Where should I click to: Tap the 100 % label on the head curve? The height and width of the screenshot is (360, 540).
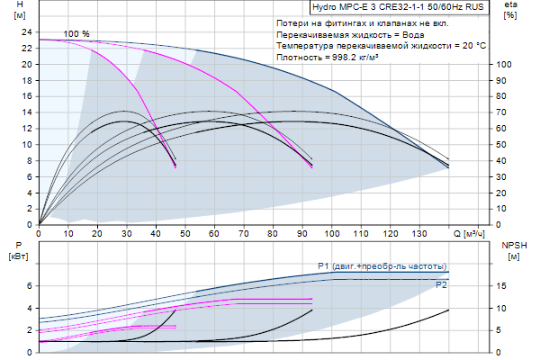pyautogui.click(x=76, y=34)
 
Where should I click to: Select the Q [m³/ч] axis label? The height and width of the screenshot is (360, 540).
pyautogui.click(x=469, y=234)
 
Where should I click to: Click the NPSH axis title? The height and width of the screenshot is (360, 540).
pyautogui.click(x=510, y=245)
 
